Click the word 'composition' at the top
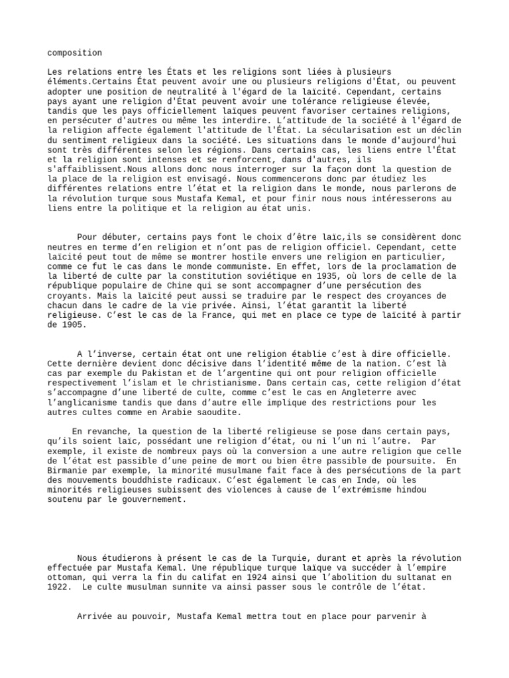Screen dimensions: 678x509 click(x=75, y=53)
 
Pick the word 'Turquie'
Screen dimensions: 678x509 click(x=268, y=558)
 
